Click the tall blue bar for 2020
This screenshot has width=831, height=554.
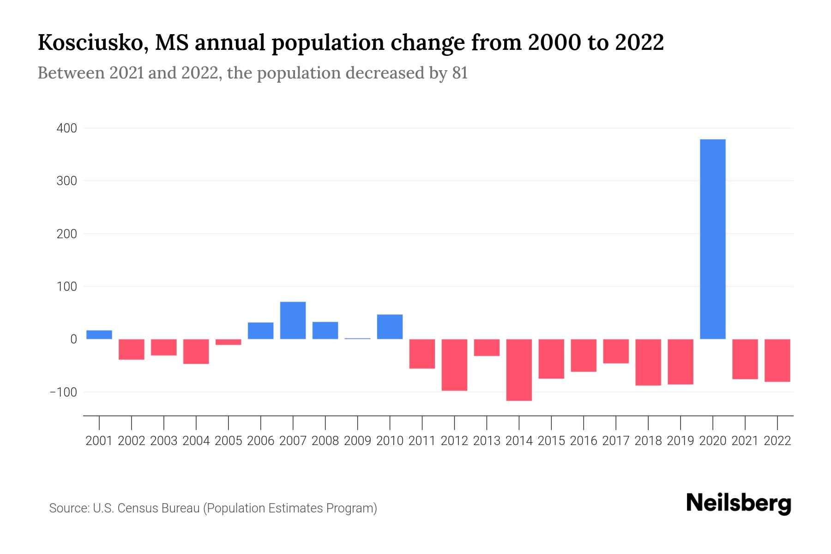pos(712,239)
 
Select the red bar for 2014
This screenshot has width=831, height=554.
pos(519,370)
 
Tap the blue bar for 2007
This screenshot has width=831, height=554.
pos(293,320)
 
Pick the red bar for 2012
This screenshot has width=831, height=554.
pos(454,365)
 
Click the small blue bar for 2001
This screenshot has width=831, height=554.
pos(99,335)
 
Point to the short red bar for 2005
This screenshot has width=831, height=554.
pos(228,342)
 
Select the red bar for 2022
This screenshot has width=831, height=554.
pos(777,361)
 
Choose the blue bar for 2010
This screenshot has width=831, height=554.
pos(390,327)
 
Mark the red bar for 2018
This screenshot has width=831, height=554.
pos(648,362)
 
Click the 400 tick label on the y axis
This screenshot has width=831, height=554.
pos(67,128)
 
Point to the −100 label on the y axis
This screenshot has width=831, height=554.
pos(64,392)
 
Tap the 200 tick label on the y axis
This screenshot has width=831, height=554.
pos(67,234)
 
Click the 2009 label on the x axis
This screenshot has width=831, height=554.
pos(357,441)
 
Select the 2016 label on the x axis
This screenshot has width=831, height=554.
pos(584,441)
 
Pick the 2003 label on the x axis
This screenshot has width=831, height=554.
pos(164,441)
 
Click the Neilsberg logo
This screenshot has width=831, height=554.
pos(739,503)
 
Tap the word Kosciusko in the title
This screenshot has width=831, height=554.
pos(92,43)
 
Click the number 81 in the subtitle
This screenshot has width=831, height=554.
pos(460,73)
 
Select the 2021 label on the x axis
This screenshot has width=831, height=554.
pos(745,441)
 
